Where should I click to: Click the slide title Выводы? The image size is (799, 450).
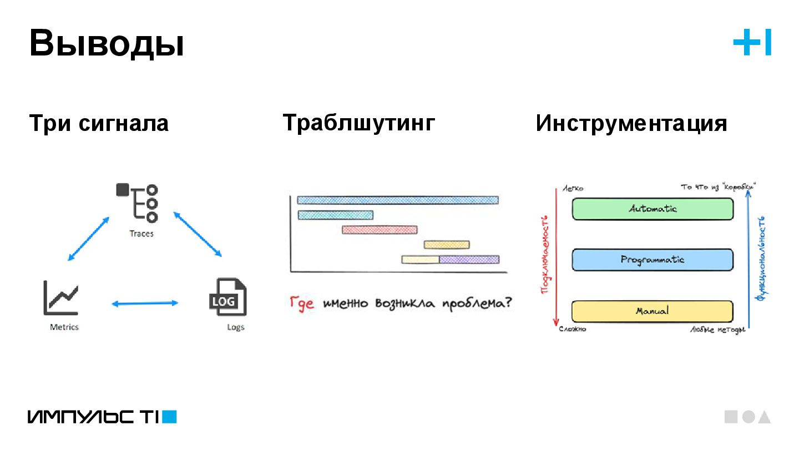coord(107,44)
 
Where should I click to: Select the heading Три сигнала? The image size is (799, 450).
coord(99,123)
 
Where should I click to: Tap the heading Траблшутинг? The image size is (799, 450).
coord(359,122)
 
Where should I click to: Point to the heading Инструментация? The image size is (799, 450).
coord(631,123)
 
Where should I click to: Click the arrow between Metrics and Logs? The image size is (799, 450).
coord(145,303)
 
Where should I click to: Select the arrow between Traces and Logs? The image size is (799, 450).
coord(198,234)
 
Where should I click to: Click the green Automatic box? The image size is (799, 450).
coord(653,209)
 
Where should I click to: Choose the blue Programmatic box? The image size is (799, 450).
coord(653,260)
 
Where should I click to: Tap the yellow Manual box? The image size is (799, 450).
coord(653,311)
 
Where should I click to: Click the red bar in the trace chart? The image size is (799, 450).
coord(380,230)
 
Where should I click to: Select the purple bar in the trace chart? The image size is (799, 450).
coord(469,259)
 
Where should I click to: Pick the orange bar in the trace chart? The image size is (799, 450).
coord(447,245)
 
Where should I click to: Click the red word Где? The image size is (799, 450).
coord(302,304)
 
